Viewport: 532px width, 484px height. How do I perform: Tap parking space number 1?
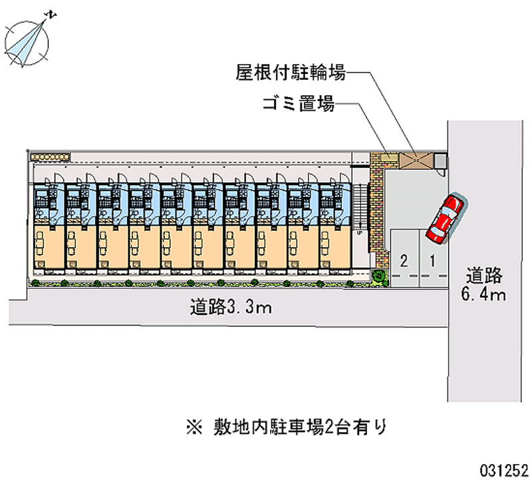(433, 260)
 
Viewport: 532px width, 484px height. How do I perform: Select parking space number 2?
(404, 260)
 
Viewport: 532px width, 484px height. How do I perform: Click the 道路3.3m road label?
(230, 308)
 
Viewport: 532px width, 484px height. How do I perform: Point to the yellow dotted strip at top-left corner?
(50, 157)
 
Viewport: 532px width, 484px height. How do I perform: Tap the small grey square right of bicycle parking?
(439, 160)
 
